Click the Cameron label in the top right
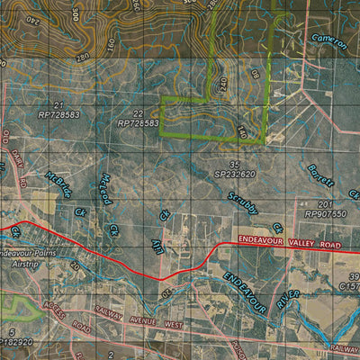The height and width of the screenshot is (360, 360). [x=328, y=40]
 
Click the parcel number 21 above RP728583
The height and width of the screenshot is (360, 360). [x=58, y=106]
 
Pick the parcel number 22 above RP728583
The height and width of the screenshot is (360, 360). [x=137, y=113]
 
